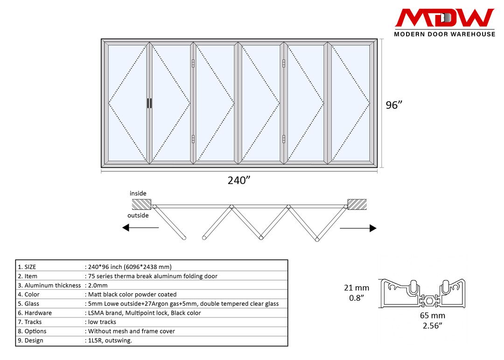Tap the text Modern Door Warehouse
pyautogui.click(x=444, y=34)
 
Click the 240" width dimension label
pyautogui.click(x=239, y=181)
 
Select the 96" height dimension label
pyautogui.click(x=394, y=105)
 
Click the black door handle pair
pyautogui.click(x=149, y=103)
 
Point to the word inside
pyautogui.click(x=138, y=193)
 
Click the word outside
pyautogui.click(x=138, y=215)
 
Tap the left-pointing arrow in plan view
pyautogui.click(x=140, y=228)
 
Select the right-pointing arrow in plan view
pyautogui.click(x=358, y=228)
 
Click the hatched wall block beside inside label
pyautogui.click(x=141, y=204)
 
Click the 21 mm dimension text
pyautogui.click(x=357, y=288)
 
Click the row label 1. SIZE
pyautogui.click(x=27, y=267)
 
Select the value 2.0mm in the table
pyautogui.click(x=98, y=285)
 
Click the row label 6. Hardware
pyautogui.click(x=35, y=313)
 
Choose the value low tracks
pyautogui.click(x=102, y=322)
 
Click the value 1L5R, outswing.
pyautogui.click(x=110, y=340)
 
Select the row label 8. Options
pyautogui.click(x=32, y=331)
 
